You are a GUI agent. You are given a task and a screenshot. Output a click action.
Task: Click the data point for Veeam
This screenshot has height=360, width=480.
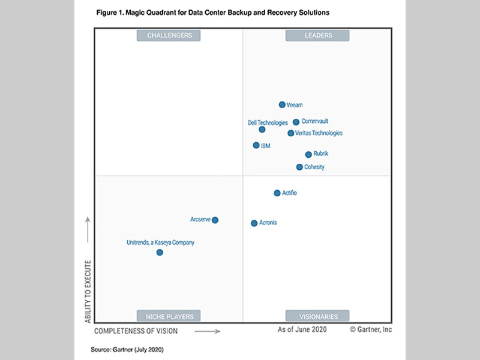[x=282, y=105]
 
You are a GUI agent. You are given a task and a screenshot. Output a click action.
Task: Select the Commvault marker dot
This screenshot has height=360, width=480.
[x=296, y=122]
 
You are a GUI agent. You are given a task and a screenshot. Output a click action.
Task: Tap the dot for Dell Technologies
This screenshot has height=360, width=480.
[x=262, y=130]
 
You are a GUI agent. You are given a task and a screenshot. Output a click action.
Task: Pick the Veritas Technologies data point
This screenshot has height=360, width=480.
[x=291, y=133]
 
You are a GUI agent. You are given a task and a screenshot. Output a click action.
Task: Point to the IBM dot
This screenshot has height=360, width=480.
[x=256, y=145]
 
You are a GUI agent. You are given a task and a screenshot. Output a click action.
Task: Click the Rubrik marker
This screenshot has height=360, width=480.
[x=308, y=154]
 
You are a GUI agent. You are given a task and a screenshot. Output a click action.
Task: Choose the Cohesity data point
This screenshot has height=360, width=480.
[x=299, y=167]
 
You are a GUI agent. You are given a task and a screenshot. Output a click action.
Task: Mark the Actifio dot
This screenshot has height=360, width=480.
[x=277, y=193]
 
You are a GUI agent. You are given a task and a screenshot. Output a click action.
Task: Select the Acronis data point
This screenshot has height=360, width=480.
[x=254, y=223]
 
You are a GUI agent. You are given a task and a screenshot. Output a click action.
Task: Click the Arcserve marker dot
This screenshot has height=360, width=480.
[x=215, y=220]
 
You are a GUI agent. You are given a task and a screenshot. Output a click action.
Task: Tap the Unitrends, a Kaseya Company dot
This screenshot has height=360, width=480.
[x=160, y=253]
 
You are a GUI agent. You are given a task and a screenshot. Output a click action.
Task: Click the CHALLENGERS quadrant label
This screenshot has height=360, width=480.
[x=169, y=35]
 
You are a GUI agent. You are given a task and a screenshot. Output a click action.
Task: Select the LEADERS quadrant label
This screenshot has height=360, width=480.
[x=317, y=35]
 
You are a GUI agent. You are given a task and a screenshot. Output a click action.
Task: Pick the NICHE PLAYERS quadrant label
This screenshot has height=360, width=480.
[x=169, y=316]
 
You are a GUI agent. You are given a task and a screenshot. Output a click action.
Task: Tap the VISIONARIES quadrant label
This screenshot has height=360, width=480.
[x=317, y=316]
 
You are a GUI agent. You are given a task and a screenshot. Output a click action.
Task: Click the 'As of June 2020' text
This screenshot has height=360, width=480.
[x=303, y=330]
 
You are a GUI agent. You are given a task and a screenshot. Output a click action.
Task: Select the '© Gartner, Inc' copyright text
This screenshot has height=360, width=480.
[x=371, y=330]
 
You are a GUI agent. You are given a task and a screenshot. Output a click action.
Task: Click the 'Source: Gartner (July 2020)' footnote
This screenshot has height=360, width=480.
[x=127, y=349]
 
